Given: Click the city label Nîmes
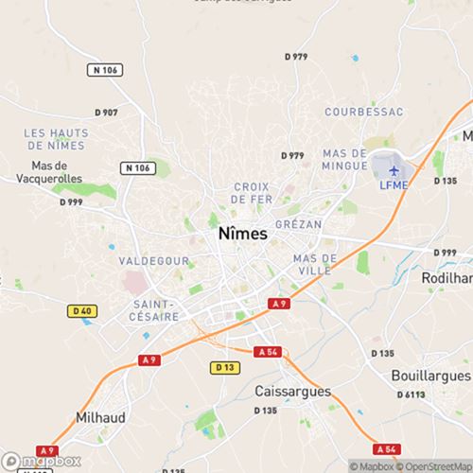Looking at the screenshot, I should click(x=242, y=233).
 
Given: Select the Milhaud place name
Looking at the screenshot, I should click(x=100, y=416).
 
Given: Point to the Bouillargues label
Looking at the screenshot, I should click(x=430, y=375).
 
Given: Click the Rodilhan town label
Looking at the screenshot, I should click(x=447, y=279).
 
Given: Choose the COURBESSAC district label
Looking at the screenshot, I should click(x=363, y=112).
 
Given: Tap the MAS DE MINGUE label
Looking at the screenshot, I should click(x=344, y=159).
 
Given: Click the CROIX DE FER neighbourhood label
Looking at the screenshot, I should click(x=251, y=193).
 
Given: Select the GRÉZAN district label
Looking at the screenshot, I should click(x=299, y=224).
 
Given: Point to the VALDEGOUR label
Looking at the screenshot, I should click(x=154, y=259).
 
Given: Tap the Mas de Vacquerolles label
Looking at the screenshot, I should click(x=44, y=171).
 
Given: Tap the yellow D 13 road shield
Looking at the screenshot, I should click(x=224, y=367).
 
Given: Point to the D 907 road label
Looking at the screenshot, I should click(x=104, y=113).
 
